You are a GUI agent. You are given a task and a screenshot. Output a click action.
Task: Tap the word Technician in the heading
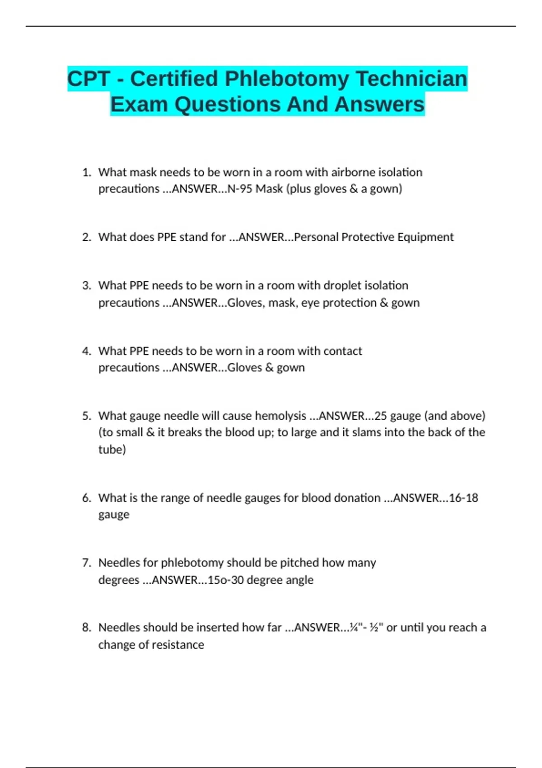(x=411, y=79)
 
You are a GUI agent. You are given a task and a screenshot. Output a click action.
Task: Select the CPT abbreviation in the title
(x=89, y=79)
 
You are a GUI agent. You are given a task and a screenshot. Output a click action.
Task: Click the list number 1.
(x=86, y=172)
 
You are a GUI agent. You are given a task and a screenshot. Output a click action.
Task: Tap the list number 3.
(x=86, y=286)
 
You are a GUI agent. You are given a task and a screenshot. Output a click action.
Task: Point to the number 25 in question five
(x=381, y=416)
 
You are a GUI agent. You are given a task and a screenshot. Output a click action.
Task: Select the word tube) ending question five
(x=112, y=450)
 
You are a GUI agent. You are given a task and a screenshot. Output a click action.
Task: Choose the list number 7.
(x=86, y=563)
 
